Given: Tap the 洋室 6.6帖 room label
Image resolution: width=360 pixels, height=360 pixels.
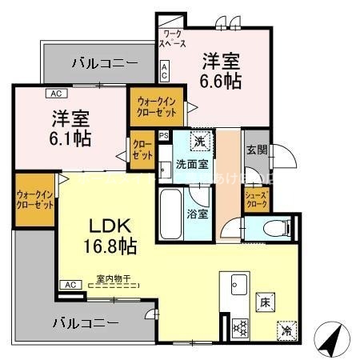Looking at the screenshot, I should click(x=221, y=70).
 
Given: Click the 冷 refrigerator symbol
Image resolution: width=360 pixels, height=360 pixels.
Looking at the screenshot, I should click(x=286, y=328).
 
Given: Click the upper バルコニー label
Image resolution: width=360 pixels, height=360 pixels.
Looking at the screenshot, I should click(x=103, y=62).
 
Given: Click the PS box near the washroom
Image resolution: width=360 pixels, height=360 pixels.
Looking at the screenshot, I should click(x=164, y=136).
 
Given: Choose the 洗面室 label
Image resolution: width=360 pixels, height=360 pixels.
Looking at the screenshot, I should click(x=192, y=164).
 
